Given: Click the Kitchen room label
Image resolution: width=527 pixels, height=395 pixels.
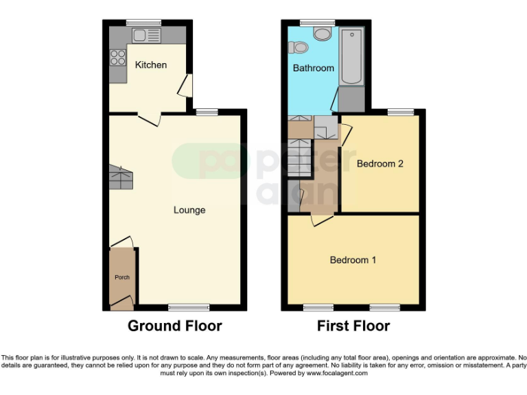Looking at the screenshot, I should pos(150,65).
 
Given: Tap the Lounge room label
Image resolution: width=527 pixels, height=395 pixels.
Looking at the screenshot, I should pos(189,210).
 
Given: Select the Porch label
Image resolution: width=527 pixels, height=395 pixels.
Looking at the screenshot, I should pos(121,278).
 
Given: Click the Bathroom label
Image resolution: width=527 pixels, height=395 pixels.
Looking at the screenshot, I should pos(313,68).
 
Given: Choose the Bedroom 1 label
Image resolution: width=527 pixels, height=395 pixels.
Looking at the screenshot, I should pos(353,260).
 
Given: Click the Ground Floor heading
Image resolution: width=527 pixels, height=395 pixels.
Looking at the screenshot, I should pos(174,326).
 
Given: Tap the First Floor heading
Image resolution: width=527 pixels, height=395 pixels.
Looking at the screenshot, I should pos(353,326).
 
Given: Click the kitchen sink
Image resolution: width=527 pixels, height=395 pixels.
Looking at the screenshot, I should pos(146,35).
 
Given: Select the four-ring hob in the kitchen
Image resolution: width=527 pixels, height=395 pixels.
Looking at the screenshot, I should pos(117,58).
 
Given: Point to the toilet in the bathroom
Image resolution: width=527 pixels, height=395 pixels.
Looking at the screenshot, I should pos(298,47).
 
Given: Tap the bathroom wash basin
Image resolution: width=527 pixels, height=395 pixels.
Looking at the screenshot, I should pos(321,33).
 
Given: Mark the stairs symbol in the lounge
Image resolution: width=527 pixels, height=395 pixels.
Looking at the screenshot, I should pos(120,178).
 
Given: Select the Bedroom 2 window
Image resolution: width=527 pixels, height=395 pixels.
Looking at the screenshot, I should pos(400,112).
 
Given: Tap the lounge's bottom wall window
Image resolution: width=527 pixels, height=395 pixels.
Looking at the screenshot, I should pos(189,307).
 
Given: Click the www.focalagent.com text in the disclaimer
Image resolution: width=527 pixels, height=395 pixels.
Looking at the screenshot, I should pos(337,374).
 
